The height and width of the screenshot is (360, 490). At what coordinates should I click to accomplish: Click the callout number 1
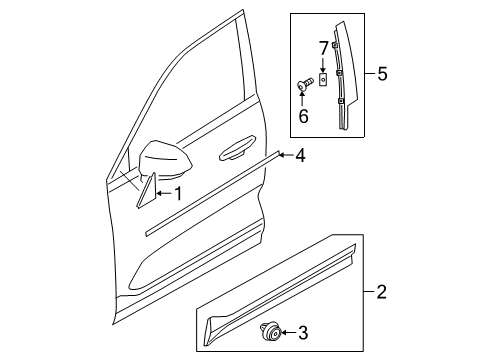(179, 192)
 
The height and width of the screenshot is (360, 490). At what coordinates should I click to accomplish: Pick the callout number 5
(383, 75)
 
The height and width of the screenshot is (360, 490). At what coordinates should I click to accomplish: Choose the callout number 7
(323, 48)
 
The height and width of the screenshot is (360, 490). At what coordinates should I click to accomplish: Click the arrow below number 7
(323, 66)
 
